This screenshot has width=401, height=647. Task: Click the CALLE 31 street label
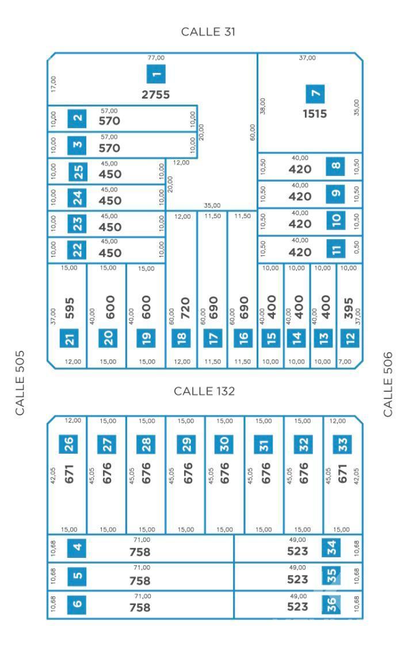point(208,32)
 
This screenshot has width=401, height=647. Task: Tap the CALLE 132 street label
point(204,391)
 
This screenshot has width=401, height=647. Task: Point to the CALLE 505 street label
point(20,383)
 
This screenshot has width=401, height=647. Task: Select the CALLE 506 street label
point(388,384)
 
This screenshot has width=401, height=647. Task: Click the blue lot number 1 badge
point(156,74)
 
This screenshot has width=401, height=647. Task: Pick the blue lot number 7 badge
point(315,94)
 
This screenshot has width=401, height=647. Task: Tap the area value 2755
point(156,95)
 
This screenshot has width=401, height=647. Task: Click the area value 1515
point(315,114)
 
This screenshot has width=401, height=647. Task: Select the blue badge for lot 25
point(78,172)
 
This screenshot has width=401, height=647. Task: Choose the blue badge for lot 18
point(182,338)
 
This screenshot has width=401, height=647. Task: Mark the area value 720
point(185,308)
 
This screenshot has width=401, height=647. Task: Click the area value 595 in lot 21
point(70,308)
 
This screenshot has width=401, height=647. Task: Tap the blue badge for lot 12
point(350,338)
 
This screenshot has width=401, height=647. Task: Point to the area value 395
point(349,308)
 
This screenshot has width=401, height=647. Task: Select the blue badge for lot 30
point(224,445)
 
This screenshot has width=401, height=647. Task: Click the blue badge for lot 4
point(77,548)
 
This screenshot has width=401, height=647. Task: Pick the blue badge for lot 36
point(331,605)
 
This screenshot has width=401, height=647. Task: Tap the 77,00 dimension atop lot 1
point(156,58)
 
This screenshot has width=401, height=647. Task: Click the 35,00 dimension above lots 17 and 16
point(212,205)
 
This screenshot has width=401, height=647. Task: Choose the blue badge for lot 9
point(336,193)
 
